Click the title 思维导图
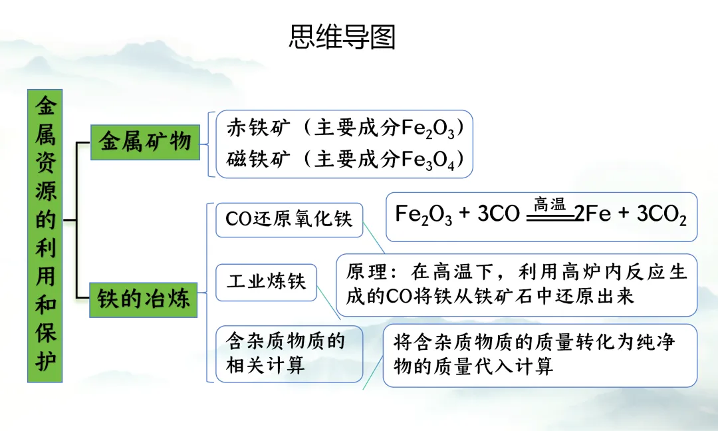click(342, 37)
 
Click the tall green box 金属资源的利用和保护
click(45, 235)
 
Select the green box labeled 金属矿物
click(145, 141)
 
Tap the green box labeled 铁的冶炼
click(144, 299)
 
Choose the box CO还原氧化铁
click(289, 219)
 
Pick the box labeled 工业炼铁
click(267, 281)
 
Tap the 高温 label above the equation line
click(549, 205)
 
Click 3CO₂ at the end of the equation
click(661, 215)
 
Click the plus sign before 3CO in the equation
click(465, 214)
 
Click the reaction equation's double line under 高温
click(550, 217)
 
